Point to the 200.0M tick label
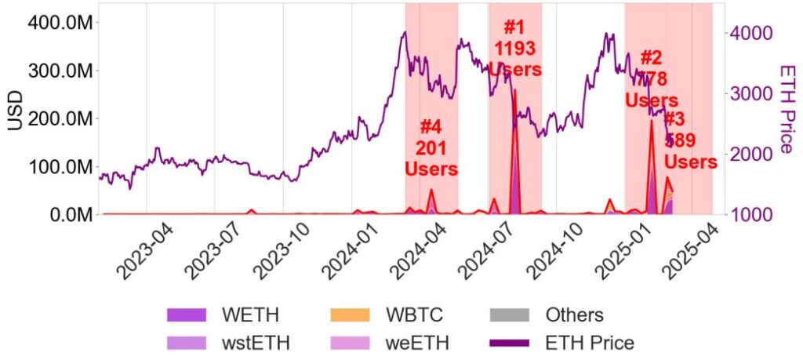(60, 118)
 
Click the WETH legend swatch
(186, 315)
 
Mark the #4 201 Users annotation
(431, 147)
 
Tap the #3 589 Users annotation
(690, 141)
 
